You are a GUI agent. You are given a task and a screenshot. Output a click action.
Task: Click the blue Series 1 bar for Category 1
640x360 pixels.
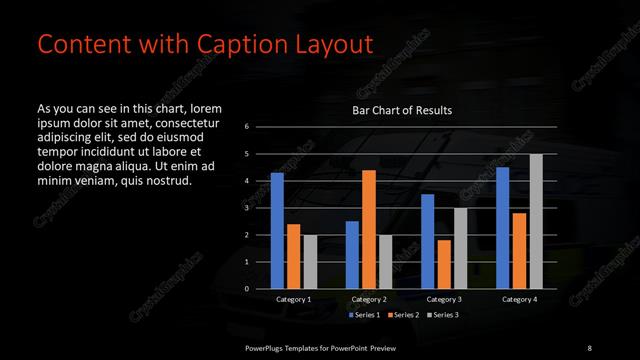point(277,231)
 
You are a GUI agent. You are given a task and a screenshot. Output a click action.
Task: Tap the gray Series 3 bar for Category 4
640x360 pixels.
point(536,221)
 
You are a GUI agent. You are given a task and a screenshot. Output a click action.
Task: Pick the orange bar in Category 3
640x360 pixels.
point(444,264)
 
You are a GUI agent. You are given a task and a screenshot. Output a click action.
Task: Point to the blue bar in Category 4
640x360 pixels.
point(503,228)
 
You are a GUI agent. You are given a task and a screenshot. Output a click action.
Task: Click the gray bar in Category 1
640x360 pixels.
point(310,262)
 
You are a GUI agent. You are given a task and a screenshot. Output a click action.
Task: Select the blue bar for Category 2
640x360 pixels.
point(352,255)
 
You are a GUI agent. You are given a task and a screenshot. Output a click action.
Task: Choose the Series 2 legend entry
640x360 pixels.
point(403,315)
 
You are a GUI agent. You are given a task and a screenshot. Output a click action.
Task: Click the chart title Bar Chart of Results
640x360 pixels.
point(402,110)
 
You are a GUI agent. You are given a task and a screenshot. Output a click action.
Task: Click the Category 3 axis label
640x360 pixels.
point(444,300)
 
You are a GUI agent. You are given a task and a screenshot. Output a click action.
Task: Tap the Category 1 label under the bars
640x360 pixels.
point(294,300)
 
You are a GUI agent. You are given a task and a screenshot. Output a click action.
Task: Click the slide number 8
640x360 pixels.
point(589,346)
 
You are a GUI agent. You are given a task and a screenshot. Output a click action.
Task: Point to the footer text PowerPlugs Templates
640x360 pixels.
point(290,346)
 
